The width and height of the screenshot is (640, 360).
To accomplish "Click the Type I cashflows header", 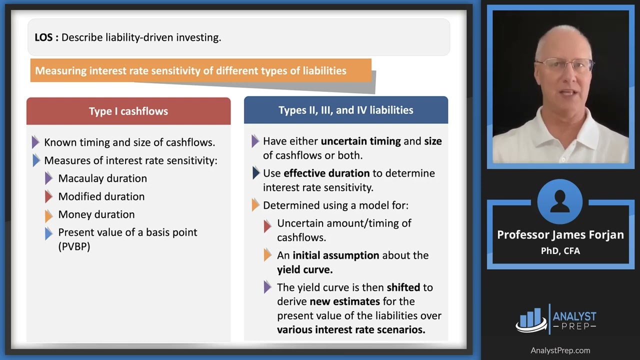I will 128,111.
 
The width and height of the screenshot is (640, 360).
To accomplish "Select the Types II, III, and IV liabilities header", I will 345,110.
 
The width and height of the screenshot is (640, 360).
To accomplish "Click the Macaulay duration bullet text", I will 102,178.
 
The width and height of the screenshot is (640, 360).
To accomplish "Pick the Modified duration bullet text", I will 101,196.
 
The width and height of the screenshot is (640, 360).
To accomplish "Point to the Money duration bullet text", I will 96,214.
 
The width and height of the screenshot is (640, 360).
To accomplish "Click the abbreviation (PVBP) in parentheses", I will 74,246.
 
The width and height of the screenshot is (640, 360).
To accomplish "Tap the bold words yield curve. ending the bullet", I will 304,269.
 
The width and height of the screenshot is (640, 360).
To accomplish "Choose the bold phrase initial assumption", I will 336,255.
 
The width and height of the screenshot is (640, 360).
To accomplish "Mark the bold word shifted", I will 402,287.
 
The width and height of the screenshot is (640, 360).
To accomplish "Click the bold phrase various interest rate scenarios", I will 351,329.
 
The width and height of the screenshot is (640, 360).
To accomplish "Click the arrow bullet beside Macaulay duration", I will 48,178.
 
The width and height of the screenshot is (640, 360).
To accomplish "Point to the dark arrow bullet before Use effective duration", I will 255,173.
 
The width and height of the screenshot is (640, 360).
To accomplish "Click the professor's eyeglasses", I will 563,64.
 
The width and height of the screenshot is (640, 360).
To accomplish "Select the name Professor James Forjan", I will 560,235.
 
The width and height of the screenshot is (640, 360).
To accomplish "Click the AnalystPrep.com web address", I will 560,350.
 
